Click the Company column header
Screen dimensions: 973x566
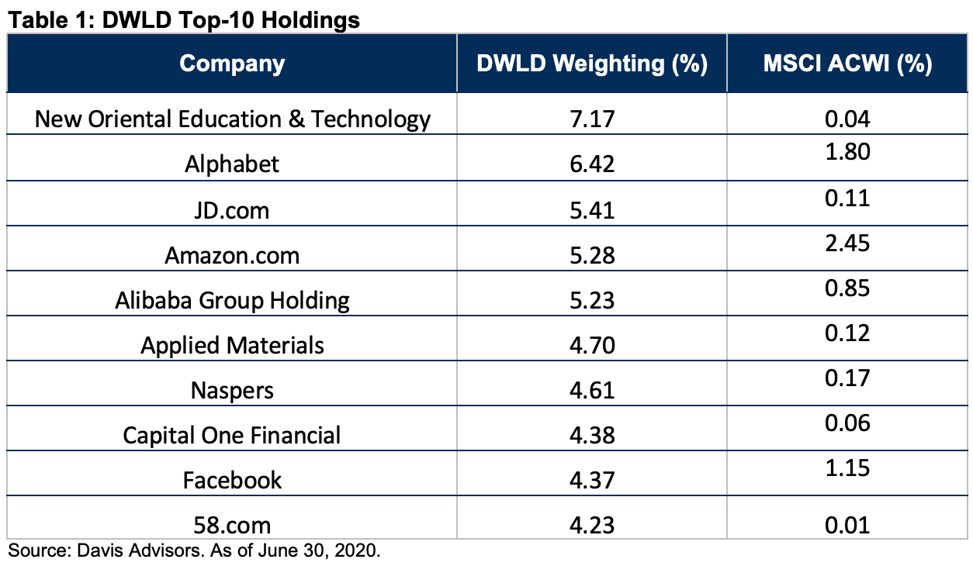232,64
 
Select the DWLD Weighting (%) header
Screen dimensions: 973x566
592,64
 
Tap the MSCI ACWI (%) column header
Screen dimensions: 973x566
847,64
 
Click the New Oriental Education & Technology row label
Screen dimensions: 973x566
233,119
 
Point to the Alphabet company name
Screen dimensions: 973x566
232,164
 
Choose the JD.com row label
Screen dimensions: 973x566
232,211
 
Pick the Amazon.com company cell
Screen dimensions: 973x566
232,256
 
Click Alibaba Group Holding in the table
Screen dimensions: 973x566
232,301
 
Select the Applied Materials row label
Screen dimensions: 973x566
232,346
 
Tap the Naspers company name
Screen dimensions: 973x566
232,391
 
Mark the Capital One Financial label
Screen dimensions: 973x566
231,435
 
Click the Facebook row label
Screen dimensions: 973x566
232,481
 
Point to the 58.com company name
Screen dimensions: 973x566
232,526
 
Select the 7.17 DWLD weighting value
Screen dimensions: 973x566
592,119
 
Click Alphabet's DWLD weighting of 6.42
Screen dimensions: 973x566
592,164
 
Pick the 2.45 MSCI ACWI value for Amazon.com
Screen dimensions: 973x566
847,243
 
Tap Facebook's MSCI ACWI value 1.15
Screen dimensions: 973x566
847,468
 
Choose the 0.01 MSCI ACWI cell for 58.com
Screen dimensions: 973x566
847,526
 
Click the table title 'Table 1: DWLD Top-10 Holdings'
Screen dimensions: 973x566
184,20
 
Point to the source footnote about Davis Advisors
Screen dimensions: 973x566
194,550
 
